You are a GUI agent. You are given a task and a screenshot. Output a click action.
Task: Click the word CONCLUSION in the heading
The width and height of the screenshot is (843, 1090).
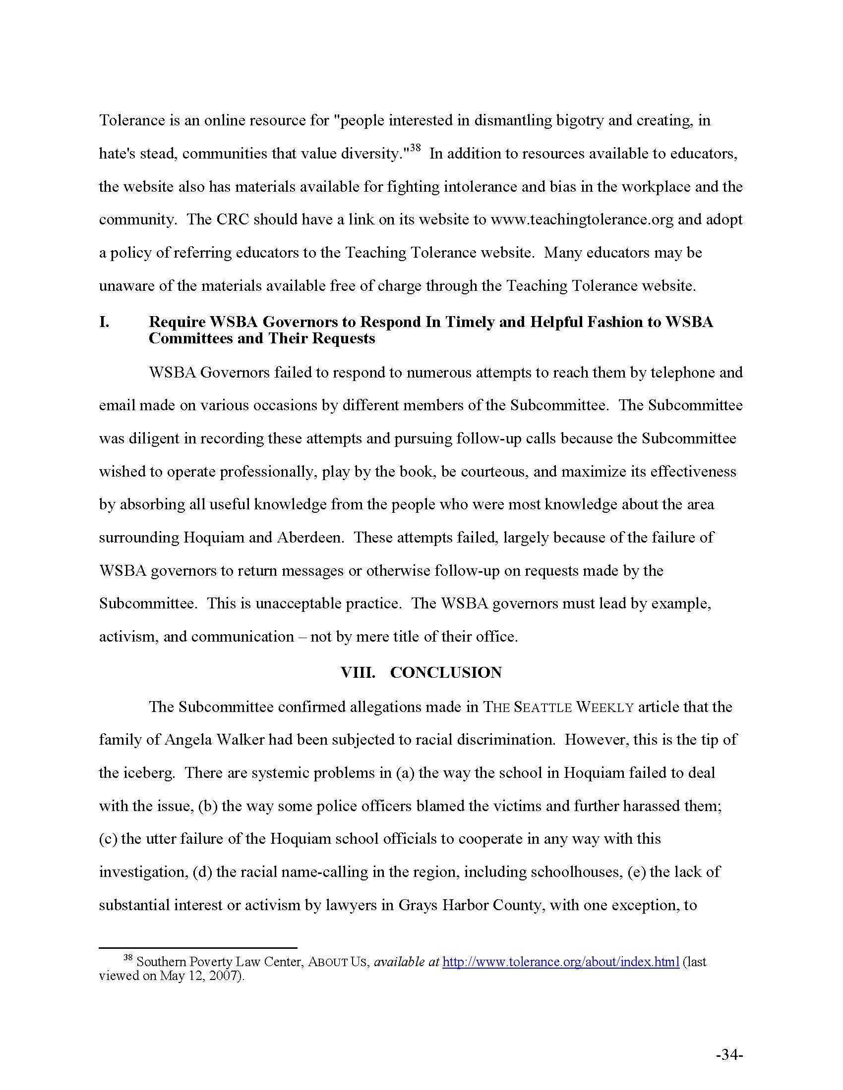click(x=445, y=672)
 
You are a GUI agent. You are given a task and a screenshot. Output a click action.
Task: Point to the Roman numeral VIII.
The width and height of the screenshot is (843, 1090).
click(x=358, y=672)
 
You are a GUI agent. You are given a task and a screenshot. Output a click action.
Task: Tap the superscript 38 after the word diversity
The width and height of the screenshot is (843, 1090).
click(x=415, y=148)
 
